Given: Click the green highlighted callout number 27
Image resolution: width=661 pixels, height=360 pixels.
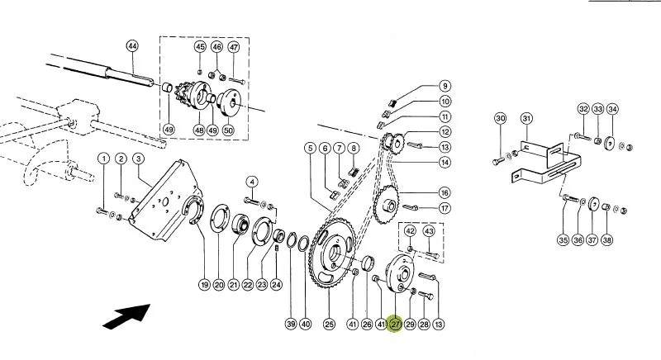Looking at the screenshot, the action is tap(396, 324).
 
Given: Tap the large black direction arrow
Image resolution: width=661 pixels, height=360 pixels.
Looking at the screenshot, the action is tap(126, 316).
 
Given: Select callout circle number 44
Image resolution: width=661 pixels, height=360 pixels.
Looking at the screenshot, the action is tap(132, 46).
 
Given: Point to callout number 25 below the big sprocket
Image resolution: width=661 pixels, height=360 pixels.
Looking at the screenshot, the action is tap(329, 324).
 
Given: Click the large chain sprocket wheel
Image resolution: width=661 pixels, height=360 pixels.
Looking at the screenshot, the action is tap(332, 253).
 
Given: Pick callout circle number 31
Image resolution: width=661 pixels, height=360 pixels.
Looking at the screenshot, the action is tap(526, 119).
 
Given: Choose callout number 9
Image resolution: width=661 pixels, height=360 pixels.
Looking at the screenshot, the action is tap(445, 87).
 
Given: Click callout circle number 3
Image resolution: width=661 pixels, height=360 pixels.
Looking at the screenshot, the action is tap(138, 159).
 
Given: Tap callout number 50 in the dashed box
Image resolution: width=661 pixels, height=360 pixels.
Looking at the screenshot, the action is tap(228, 130).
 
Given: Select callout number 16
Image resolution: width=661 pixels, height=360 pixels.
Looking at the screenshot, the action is tap(445, 193).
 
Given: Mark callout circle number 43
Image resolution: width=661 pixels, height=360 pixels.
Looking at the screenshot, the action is tap(429, 231).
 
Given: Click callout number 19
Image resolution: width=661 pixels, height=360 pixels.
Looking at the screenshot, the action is tap(204, 285).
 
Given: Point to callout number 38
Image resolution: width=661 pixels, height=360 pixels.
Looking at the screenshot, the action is tap(606, 240).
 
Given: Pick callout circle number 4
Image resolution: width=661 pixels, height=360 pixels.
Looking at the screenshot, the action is tap(252, 182).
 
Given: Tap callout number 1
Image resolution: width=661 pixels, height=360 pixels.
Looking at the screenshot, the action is tap(103, 159).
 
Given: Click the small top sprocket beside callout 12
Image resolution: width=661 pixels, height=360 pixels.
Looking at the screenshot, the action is tap(395, 144).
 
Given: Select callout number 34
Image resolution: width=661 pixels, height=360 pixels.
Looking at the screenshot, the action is tap(612, 109).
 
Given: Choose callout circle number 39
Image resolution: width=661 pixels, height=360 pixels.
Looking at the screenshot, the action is tap(291, 324).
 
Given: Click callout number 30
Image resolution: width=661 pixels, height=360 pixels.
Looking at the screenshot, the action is tap(501, 118).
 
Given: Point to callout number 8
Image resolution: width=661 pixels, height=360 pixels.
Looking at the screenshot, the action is tap(354, 148).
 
